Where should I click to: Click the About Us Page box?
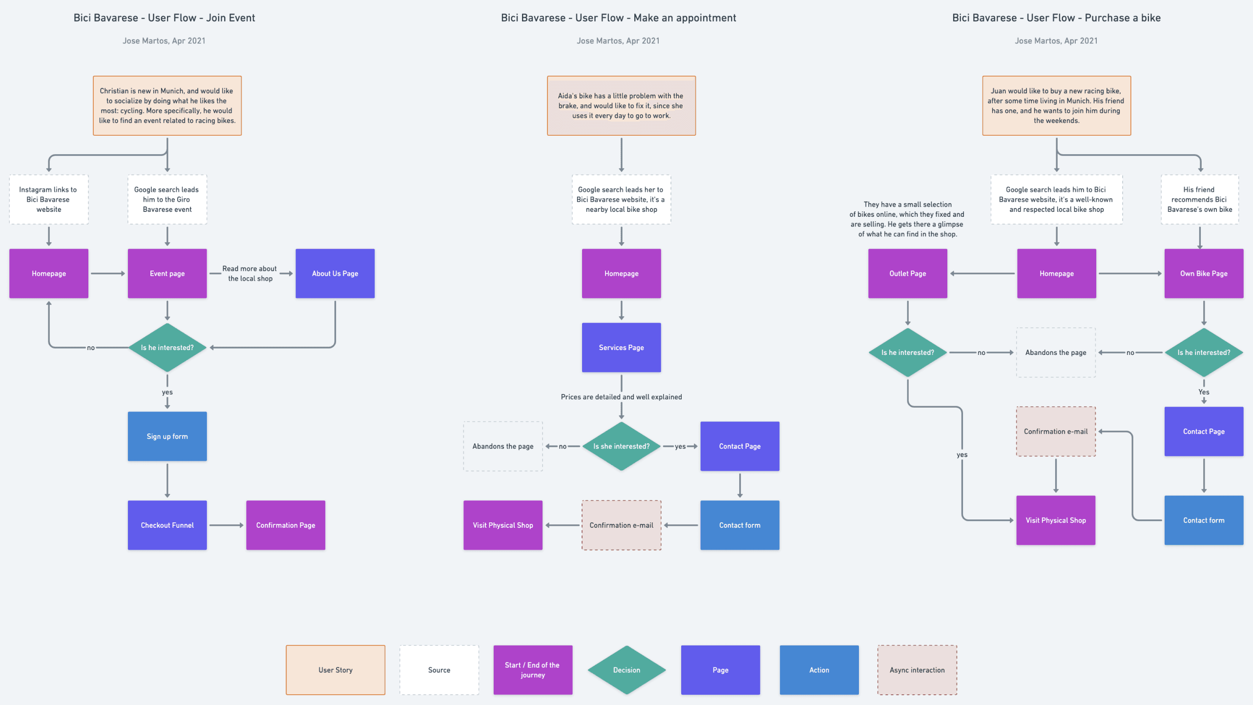pyautogui.click(x=335, y=273)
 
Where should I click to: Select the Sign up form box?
pyautogui.click(x=167, y=436)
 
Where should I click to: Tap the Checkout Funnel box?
pyautogui.click(x=167, y=525)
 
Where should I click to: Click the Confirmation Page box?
pyautogui.click(x=286, y=525)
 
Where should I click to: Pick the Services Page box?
pyautogui.click(x=621, y=347)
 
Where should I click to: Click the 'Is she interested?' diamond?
pyautogui.click(x=621, y=446)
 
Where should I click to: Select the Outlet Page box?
pyautogui.click(x=907, y=273)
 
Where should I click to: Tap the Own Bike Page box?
pyautogui.click(x=1204, y=273)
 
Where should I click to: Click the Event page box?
pyautogui.click(x=167, y=273)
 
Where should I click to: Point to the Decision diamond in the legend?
pyautogui.click(x=626, y=670)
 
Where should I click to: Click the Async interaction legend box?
pyautogui.click(x=917, y=670)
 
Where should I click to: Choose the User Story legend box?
pyautogui.click(x=335, y=670)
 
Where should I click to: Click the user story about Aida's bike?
pyautogui.click(x=621, y=105)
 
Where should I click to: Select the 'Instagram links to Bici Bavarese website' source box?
pyautogui.click(x=49, y=199)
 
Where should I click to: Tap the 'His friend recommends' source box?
pyautogui.click(x=1199, y=199)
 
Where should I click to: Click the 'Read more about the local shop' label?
pyautogui.click(x=250, y=273)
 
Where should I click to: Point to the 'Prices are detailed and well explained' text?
pyautogui.click(x=621, y=397)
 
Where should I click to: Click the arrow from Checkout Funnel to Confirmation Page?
pyautogui.click(x=226, y=525)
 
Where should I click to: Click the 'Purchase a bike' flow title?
pyautogui.click(x=1056, y=18)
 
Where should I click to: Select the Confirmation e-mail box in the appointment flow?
pyautogui.click(x=621, y=525)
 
